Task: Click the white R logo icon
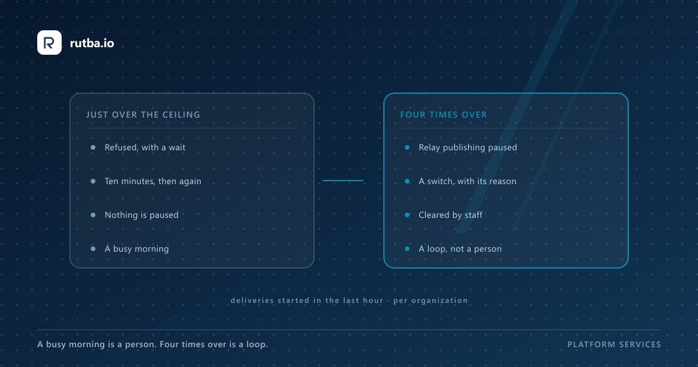[x=49, y=43]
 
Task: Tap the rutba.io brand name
[x=92, y=43]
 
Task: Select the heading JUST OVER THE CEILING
[x=143, y=115]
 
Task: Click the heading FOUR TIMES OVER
[x=443, y=115]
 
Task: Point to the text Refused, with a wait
[x=145, y=147]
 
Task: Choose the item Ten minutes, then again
[x=153, y=181]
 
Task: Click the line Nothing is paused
[x=141, y=215]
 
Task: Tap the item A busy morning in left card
[x=137, y=249]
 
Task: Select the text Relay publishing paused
[x=468, y=147]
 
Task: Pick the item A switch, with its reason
[x=468, y=181]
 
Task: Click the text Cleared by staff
[x=450, y=215]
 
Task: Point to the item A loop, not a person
[x=460, y=249]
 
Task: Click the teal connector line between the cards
[x=343, y=181]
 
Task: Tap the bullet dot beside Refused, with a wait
[x=93, y=147]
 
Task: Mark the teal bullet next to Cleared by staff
[x=407, y=215]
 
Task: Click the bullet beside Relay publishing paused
[x=407, y=147]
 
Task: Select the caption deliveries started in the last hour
[x=307, y=300]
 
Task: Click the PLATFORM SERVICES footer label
[x=614, y=344]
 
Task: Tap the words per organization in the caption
[x=430, y=301]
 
